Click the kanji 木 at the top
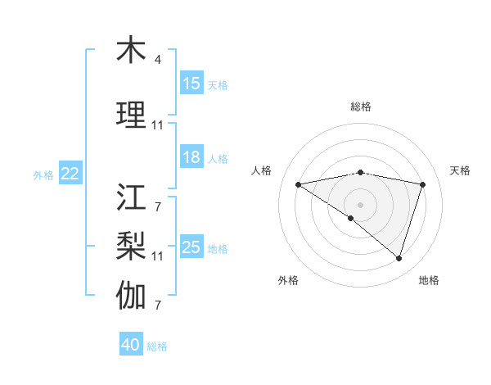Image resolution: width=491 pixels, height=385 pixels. click(131, 51)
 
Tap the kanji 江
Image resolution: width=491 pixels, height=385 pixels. click(131, 198)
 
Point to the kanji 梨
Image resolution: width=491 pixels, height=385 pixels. click(131, 245)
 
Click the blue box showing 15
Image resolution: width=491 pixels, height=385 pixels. click(191, 84)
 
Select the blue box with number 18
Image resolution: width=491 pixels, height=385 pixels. click(191, 157)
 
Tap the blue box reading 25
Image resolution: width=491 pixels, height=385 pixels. click(191, 247)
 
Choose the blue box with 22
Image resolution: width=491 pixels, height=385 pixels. click(70, 174)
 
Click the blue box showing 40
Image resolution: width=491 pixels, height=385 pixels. click(130, 345)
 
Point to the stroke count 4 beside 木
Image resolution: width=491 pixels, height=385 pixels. click(157, 60)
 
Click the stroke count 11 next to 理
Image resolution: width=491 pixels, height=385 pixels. click(157, 125)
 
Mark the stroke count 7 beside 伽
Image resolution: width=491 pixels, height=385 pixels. click(157, 306)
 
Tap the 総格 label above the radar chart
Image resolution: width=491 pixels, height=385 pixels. click(360, 106)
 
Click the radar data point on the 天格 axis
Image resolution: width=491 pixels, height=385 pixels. click(423, 184)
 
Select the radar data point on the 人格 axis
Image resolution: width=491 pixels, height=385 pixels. click(299, 184)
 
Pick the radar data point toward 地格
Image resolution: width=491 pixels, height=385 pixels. click(399, 258)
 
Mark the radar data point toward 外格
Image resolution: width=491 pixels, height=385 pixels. click(351, 218)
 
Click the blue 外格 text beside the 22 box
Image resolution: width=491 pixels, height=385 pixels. click(43, 174)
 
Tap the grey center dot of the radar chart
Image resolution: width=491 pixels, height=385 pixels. click(360, 203)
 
